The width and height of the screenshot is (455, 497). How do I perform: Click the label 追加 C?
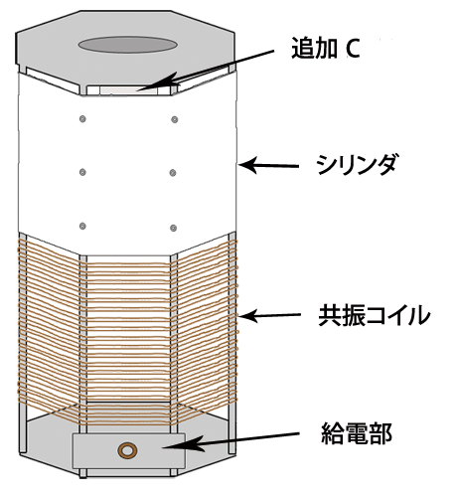pos(326,49)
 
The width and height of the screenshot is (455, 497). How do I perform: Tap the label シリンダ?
pos(357,164)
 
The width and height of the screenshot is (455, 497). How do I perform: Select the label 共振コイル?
pos(375,315)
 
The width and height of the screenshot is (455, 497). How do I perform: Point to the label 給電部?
pos(357,433)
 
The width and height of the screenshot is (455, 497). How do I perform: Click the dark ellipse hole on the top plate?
pos(127,45)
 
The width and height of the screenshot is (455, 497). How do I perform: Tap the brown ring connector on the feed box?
pos(127,450)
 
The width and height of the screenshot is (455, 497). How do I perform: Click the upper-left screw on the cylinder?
pos(82,118)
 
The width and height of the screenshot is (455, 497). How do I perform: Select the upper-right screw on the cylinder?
pos(175,119)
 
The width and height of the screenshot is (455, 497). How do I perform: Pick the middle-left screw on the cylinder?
pos(82,172)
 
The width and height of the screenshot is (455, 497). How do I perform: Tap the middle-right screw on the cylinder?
pos(173,173)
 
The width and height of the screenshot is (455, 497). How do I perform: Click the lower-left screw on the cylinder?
pos(82,226)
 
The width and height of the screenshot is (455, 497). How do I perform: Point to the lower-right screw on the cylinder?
pos(173,228)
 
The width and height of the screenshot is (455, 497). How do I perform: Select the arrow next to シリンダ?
pos(268,165)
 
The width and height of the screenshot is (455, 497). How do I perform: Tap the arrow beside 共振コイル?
pos(269,315)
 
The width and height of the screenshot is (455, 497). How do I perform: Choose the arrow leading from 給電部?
pos(230,440)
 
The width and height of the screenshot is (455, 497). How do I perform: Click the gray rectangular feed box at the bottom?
pos(129,450)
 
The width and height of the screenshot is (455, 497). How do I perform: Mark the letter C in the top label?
pos(353,49)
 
